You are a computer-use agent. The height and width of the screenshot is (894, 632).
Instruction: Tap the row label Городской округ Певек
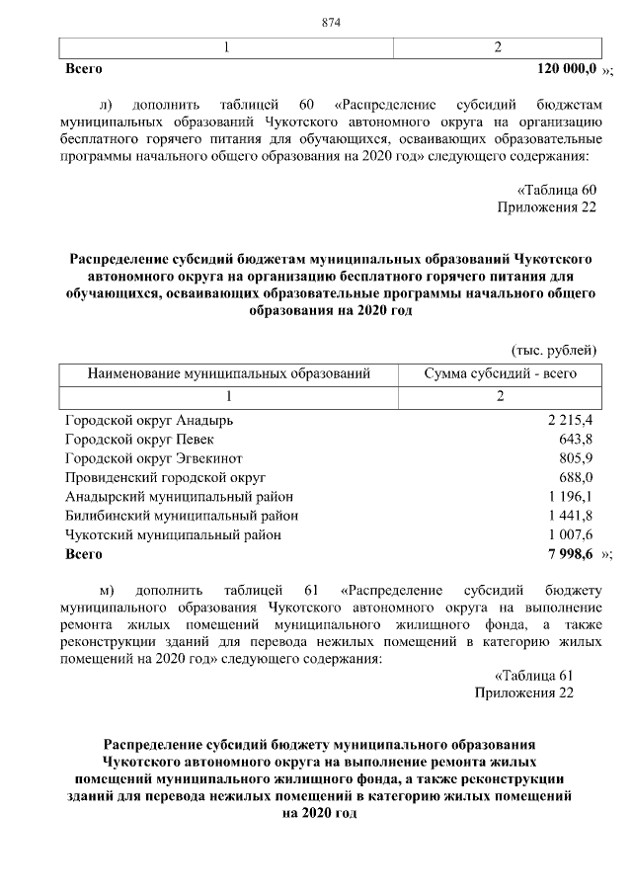point(138,439)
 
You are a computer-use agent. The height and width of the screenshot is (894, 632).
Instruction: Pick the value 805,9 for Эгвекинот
point(575,458)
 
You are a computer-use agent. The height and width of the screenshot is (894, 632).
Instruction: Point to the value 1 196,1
point(570,496)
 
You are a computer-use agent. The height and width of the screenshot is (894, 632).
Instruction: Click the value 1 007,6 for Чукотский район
point(570,534)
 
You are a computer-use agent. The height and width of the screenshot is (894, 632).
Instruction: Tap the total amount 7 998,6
point(569,554)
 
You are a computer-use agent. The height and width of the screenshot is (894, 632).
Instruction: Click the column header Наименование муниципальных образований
point(229,374)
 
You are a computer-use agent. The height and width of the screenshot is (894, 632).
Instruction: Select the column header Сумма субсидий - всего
point(500,374)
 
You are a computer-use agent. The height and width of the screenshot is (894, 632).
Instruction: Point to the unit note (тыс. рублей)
point(553,350)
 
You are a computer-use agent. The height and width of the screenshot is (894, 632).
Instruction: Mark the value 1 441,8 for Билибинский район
point(570,515)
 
